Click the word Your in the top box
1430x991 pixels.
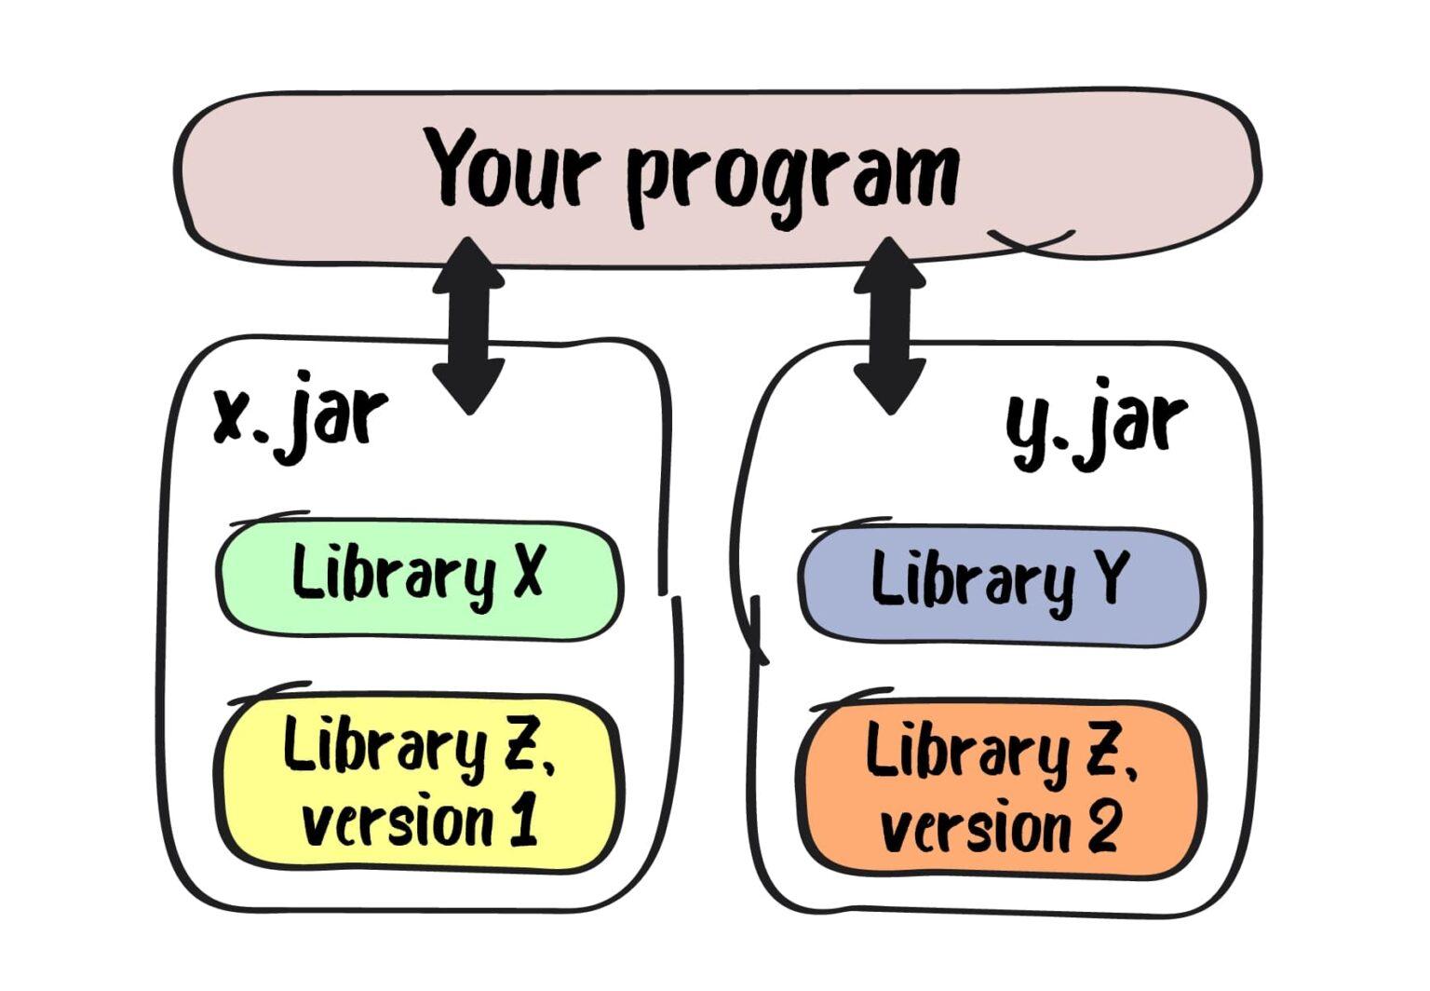(x=513, y=168)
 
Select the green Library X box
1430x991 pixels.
(x=419, y=579)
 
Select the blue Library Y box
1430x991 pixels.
(x=1001, y=586)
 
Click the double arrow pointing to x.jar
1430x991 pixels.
(x=469, y=326)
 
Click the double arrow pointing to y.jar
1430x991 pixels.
(x=890, y=326)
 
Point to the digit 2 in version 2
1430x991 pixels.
(x=1102, y=826)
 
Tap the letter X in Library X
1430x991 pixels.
(x=529, y=572)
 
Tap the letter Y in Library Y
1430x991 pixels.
(x=1110, y=577)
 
